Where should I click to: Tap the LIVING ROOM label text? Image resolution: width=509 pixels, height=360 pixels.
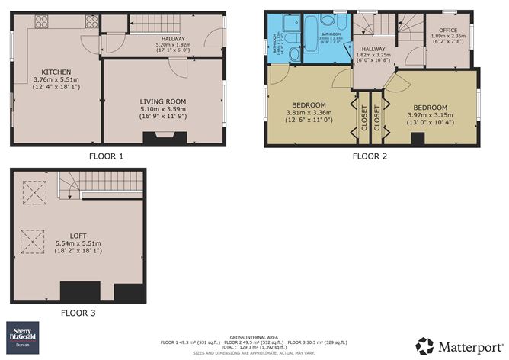[x=164, y=101]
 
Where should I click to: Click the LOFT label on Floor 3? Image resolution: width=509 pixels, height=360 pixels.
[x=78, y=234]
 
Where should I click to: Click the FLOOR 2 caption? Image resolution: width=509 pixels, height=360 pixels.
[x=370, y=156]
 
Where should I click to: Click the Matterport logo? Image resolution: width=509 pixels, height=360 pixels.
[x=457, y=344]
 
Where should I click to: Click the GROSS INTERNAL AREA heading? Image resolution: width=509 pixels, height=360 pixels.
[x=254, y=336]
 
